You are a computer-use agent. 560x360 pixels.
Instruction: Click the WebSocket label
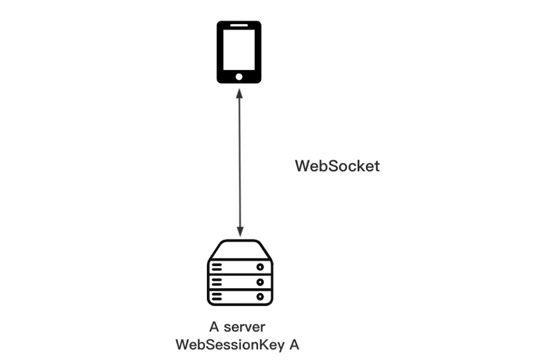337,166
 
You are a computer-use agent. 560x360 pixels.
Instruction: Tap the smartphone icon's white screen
239,50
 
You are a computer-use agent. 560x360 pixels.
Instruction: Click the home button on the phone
239,77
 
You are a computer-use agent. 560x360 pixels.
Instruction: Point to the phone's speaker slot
239,25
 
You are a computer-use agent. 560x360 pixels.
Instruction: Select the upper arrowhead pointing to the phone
239,94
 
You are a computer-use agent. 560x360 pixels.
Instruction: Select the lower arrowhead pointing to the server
240,232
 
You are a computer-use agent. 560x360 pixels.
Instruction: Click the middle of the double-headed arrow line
239,162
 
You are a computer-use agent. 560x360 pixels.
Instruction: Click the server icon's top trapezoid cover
240,250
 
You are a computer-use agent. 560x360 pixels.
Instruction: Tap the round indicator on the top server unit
260,267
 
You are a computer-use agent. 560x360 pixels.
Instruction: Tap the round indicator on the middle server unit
260,282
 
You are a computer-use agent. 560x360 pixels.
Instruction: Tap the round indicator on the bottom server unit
260,297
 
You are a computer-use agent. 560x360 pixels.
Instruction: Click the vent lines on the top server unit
217,267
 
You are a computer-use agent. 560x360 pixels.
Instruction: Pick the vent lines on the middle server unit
217,282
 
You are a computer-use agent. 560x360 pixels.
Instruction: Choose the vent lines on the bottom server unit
217,297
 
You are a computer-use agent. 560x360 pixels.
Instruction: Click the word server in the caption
244,327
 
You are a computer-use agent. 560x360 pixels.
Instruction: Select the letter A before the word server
214,327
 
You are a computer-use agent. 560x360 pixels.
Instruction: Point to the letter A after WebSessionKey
294,345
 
